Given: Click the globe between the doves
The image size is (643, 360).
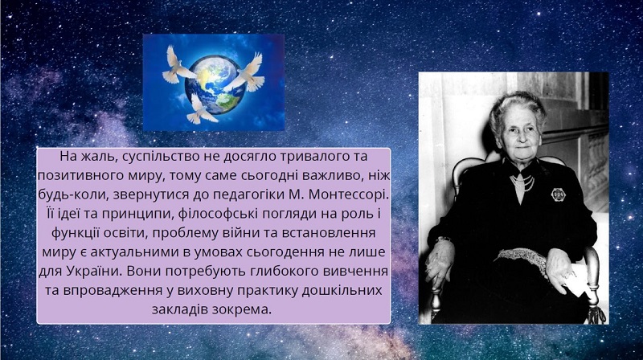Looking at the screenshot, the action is tap(214, 85).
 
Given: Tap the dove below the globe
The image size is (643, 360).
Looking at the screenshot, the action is tap(201, 109).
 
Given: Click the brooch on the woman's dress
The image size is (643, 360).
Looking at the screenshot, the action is tap(558, 194).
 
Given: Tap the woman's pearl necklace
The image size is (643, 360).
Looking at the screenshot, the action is tap(522, 182).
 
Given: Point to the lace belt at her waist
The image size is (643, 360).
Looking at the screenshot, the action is tap(523, 259).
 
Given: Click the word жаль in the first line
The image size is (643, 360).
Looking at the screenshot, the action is tap(96, 156).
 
